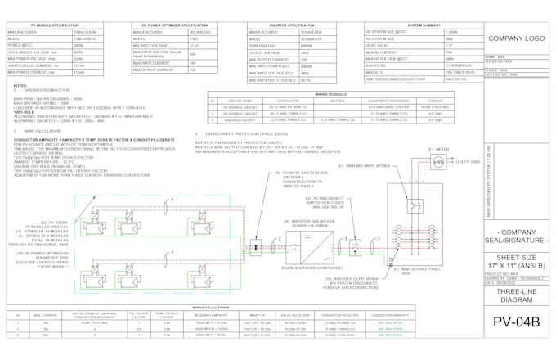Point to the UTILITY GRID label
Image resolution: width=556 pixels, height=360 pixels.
(467, 163)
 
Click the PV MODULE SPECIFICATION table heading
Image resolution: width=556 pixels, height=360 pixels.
(52, 26)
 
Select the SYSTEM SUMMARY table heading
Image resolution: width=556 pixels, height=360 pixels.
(424, 26)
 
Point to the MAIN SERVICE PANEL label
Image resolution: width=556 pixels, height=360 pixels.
(413, 270)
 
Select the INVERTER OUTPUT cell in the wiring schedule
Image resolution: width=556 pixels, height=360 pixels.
(240, 119)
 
